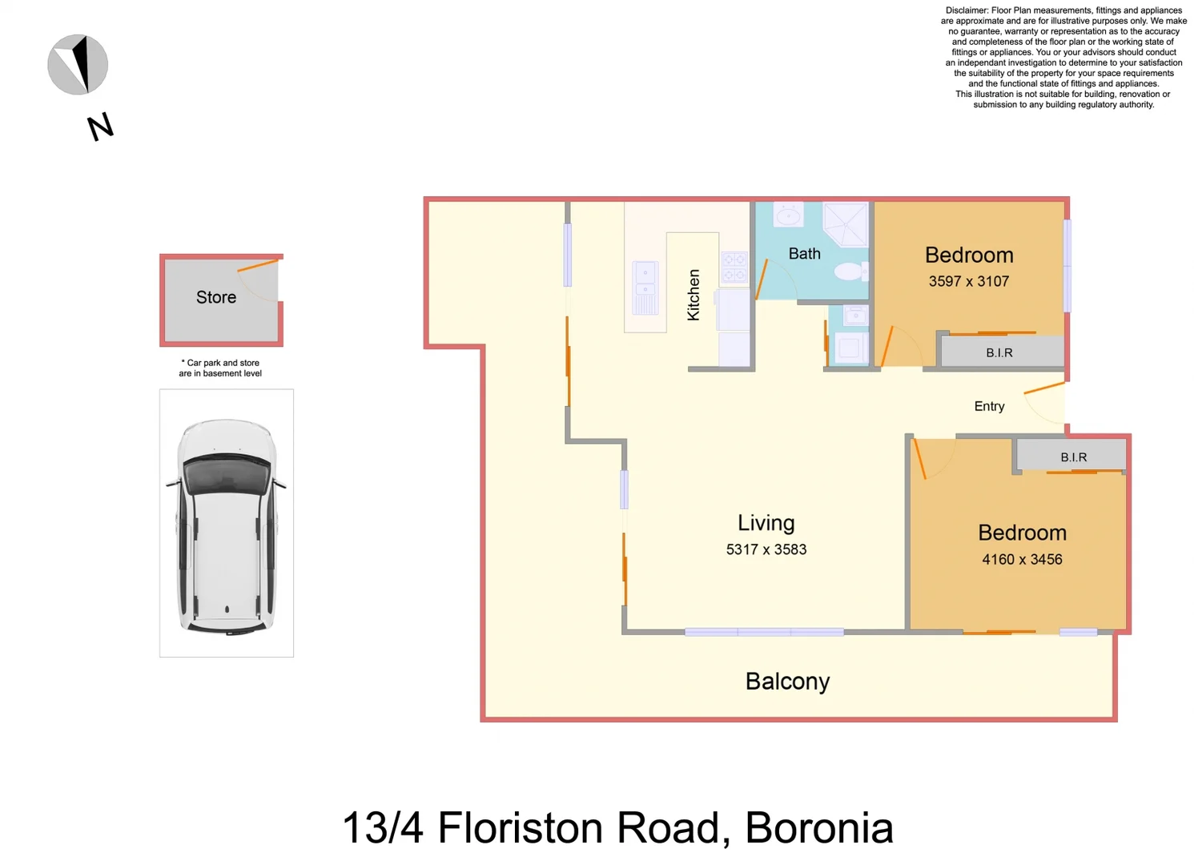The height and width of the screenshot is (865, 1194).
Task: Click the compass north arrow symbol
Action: [x=78, y=65]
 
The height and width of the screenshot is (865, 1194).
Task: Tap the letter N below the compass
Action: [x=100, y=127]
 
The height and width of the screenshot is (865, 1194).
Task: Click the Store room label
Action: [x=216, y=297]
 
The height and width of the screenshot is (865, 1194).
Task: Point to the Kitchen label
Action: [x=693, y=295]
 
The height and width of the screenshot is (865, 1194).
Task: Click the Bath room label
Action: [x=804, y=254]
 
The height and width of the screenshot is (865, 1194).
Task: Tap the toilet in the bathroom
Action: [x=850, y=272]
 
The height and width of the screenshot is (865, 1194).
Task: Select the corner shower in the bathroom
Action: [x=846, y=223]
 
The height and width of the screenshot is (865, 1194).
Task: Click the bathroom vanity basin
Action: [x=789, y=215]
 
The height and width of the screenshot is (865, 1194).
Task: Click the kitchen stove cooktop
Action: [x=734, y=268]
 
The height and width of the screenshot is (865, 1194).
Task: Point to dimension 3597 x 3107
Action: [x=968, y=281]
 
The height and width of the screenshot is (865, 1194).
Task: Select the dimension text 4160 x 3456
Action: [x=1022, y=560]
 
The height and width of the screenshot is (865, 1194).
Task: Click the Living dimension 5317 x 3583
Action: [x=766, y=549]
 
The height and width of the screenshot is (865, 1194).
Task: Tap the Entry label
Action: [x=989, y=406]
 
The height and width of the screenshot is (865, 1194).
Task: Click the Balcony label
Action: [x=787, y=681]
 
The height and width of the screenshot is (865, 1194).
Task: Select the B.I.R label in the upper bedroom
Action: [x=999, y=352]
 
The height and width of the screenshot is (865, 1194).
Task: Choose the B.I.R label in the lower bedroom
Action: [x=1073, y=457]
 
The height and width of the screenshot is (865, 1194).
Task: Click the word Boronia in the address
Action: [x=818, y=828]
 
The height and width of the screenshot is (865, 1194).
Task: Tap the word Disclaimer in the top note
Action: [x=967, y=10]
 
